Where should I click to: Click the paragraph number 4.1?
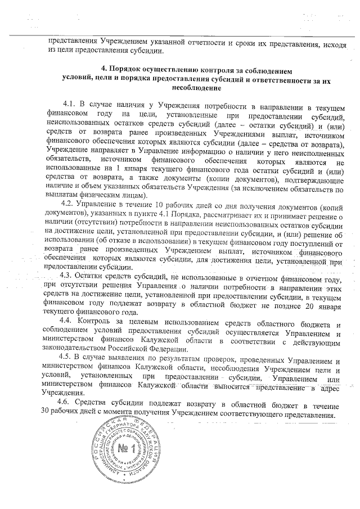point(70,105)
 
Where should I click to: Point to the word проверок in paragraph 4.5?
point(200,358)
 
